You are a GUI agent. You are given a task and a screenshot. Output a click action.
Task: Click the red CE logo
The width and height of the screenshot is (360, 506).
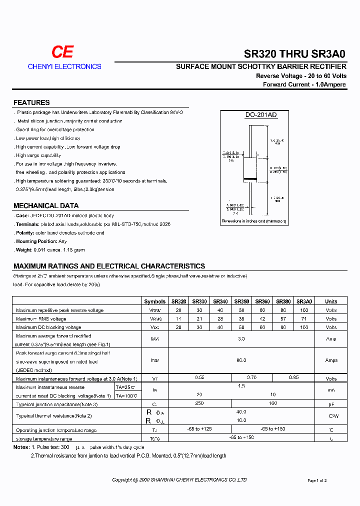[63, 52]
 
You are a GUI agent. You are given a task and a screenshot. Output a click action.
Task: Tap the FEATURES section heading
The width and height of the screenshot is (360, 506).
[31, 102]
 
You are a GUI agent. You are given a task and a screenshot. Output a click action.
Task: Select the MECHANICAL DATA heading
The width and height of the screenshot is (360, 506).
[46, 205]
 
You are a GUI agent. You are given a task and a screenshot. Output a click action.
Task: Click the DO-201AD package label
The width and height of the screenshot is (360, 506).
[260, 115]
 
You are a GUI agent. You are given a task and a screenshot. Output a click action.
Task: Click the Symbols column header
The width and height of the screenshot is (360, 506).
[154, 301]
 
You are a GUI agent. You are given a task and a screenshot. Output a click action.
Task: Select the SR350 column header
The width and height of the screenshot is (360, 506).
[241, 301]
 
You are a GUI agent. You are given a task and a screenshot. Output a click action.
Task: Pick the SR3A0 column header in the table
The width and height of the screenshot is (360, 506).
[304, 301]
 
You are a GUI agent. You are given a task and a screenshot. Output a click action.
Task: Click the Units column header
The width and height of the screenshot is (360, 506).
[331, 301]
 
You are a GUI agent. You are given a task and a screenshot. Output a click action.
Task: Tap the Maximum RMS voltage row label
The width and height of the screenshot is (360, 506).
[41, 319]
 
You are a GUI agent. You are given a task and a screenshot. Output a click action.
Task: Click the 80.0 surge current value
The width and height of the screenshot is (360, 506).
[241, 360]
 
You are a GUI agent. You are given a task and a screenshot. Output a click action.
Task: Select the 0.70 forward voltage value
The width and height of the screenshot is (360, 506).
[252, 378]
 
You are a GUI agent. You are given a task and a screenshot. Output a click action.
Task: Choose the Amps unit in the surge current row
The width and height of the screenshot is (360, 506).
[331, 360]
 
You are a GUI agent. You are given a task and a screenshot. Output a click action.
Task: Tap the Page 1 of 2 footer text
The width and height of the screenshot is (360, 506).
[317, 480]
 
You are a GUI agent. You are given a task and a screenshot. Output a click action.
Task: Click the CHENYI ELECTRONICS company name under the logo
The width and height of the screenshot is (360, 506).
[64, 66]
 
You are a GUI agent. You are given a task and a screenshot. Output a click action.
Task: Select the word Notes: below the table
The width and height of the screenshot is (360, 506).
[21, 447]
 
